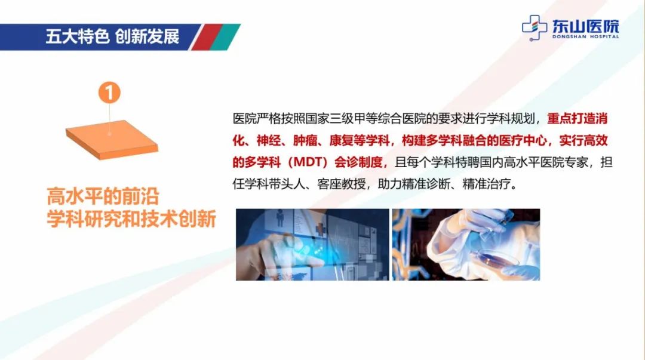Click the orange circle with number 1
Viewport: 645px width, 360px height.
point(109,93)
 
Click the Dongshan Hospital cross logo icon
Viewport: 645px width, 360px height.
point(535,28)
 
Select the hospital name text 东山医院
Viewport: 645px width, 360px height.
point(585,26)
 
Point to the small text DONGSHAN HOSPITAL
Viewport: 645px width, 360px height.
point(585,36)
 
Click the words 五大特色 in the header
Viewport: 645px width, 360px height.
point(77,36)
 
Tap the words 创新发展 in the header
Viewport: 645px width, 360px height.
point(148,36)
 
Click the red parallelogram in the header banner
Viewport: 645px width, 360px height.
point(207,37)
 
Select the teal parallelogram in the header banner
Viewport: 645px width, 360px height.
point(225,37)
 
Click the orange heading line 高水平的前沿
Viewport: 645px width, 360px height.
point(103,196)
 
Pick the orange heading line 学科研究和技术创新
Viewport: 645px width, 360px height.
point(131,219)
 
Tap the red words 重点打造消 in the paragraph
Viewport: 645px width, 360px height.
point(577,118)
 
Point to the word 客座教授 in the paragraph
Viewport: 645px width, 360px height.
point(341,183)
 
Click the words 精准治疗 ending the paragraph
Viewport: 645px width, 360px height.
point(486,183)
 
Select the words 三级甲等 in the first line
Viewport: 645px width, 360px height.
point(354,118)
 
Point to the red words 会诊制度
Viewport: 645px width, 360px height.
point(358,162)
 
